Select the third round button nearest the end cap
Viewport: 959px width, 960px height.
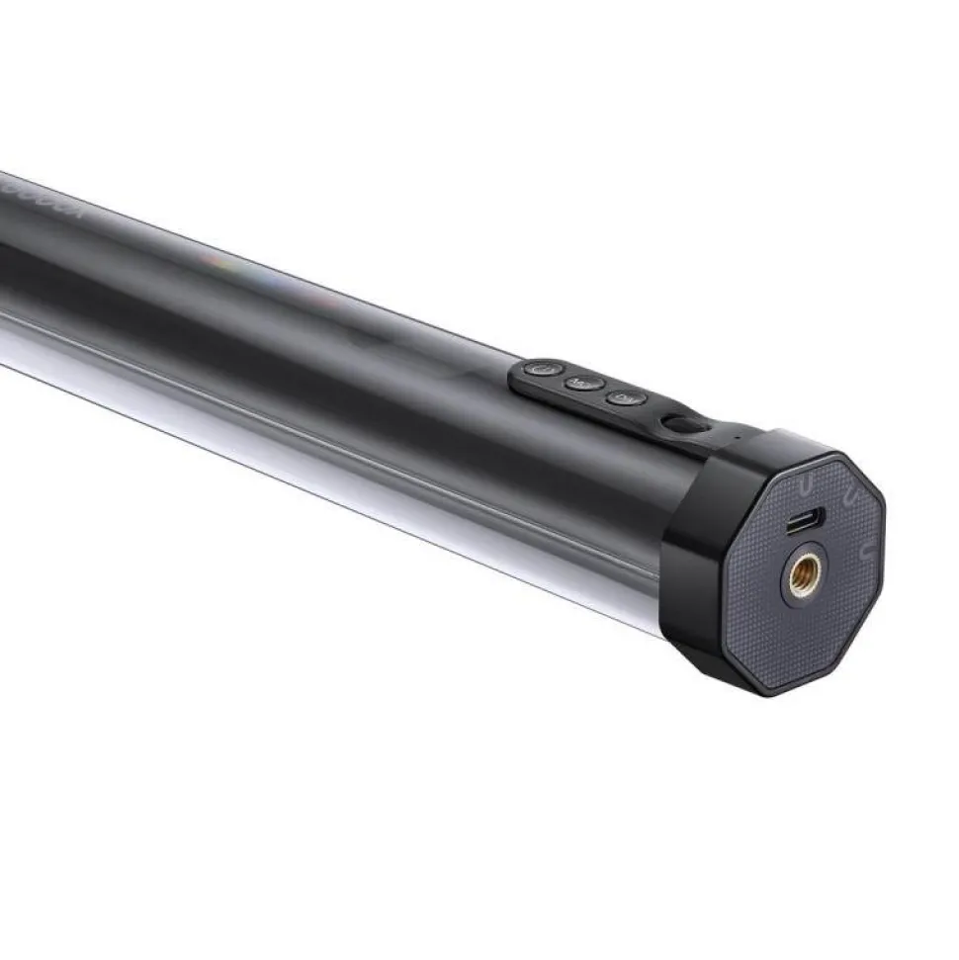point(625,398)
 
